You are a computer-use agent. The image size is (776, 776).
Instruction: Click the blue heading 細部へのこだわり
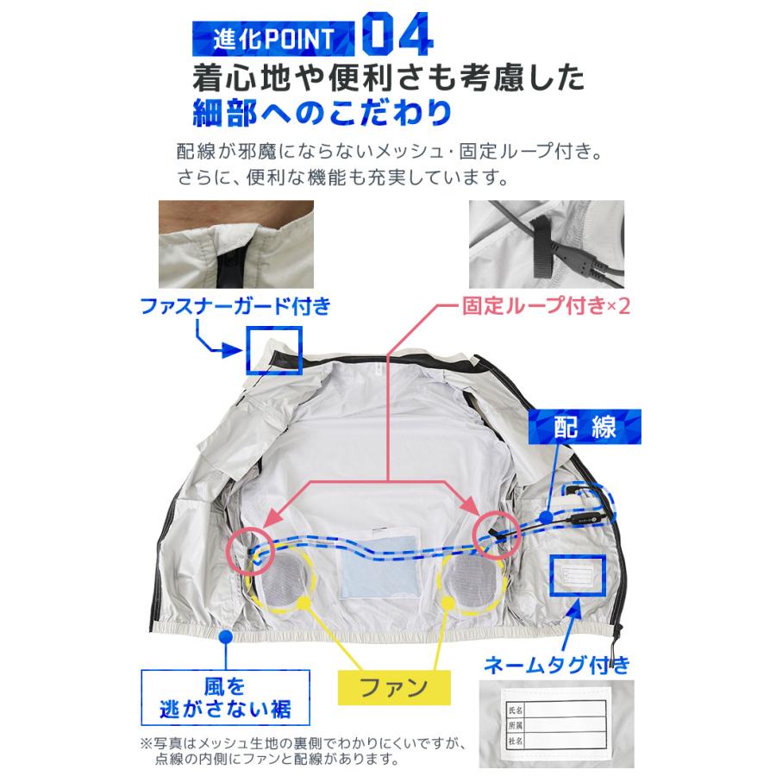click(x=322, y=113)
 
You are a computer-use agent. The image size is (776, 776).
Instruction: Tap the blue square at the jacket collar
click(x=274, y=352)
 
